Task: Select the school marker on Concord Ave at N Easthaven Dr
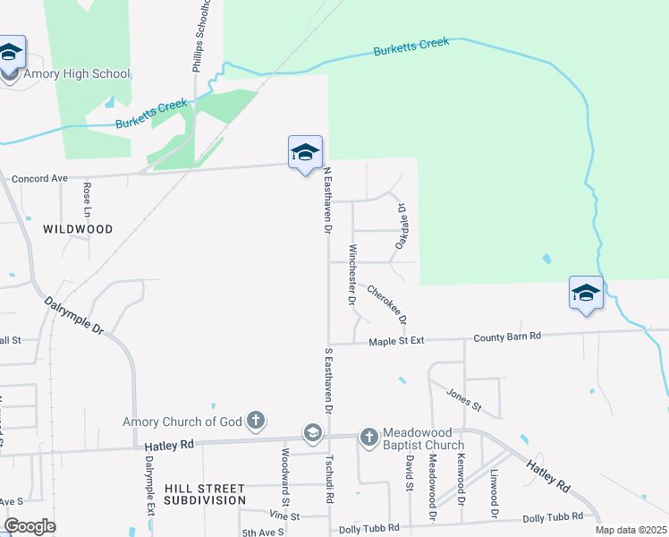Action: click(304, 152)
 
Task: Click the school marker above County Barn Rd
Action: click(586, 294)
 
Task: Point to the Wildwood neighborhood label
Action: click(78, 229)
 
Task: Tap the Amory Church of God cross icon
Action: click(256, 419)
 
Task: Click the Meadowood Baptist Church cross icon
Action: click(368, 437)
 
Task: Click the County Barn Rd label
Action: click(507, 337)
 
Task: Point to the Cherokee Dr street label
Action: click(387, 305)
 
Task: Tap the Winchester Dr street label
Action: click(353, 277)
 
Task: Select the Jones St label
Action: click(464, 401)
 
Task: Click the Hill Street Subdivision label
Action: click(204, 494)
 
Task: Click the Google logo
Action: click(30, 526)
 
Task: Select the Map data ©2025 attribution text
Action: click(631, 530)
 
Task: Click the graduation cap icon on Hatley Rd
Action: click(312, 433)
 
